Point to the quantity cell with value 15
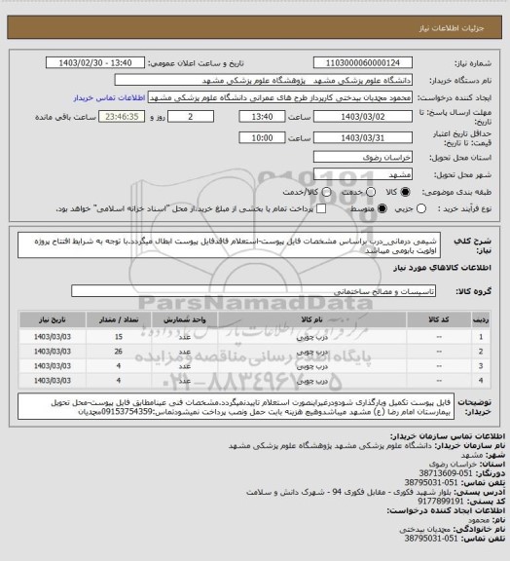click(x=118, y=334)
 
